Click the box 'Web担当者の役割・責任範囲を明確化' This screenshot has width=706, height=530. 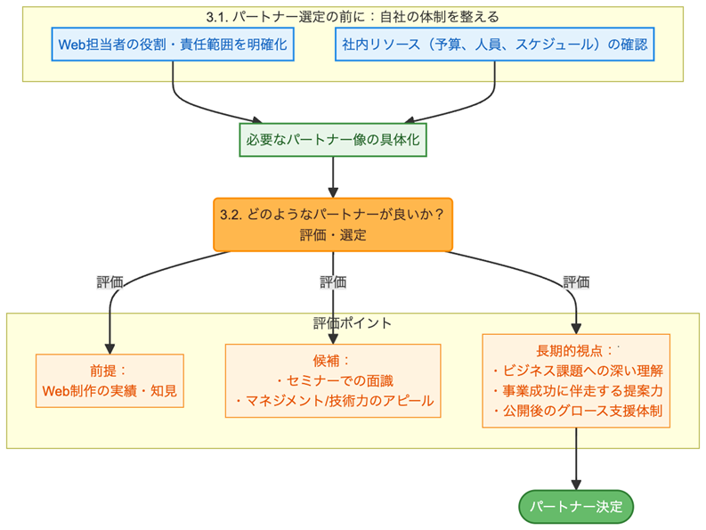[x=173, y=43]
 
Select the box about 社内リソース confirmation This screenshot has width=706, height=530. [x=493, y=43]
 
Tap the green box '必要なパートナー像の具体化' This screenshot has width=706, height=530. [x=333, y=140]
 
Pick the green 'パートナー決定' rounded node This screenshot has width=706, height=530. [x=576, y=507]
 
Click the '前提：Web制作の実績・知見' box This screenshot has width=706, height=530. [x=110, y=380]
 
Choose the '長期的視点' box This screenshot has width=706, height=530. [x=576, y=380]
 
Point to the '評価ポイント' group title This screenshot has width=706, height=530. [x=353, y=322]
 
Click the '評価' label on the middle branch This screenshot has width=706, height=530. [x=333, y=282]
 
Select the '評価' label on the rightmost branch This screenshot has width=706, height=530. [x=576, y=282]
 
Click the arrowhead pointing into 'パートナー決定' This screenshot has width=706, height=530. [x=576, y=485]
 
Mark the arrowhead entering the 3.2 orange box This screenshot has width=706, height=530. [x=333, y=191]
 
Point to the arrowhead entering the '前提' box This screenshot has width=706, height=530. [x=110, y=347]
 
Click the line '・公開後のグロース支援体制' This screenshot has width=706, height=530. [x=576, y=412]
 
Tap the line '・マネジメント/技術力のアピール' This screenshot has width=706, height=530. [x=333, y=401]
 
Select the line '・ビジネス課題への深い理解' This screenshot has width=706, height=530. [x=576, y=370]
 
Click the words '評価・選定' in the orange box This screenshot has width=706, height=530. [x=333, y=235]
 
